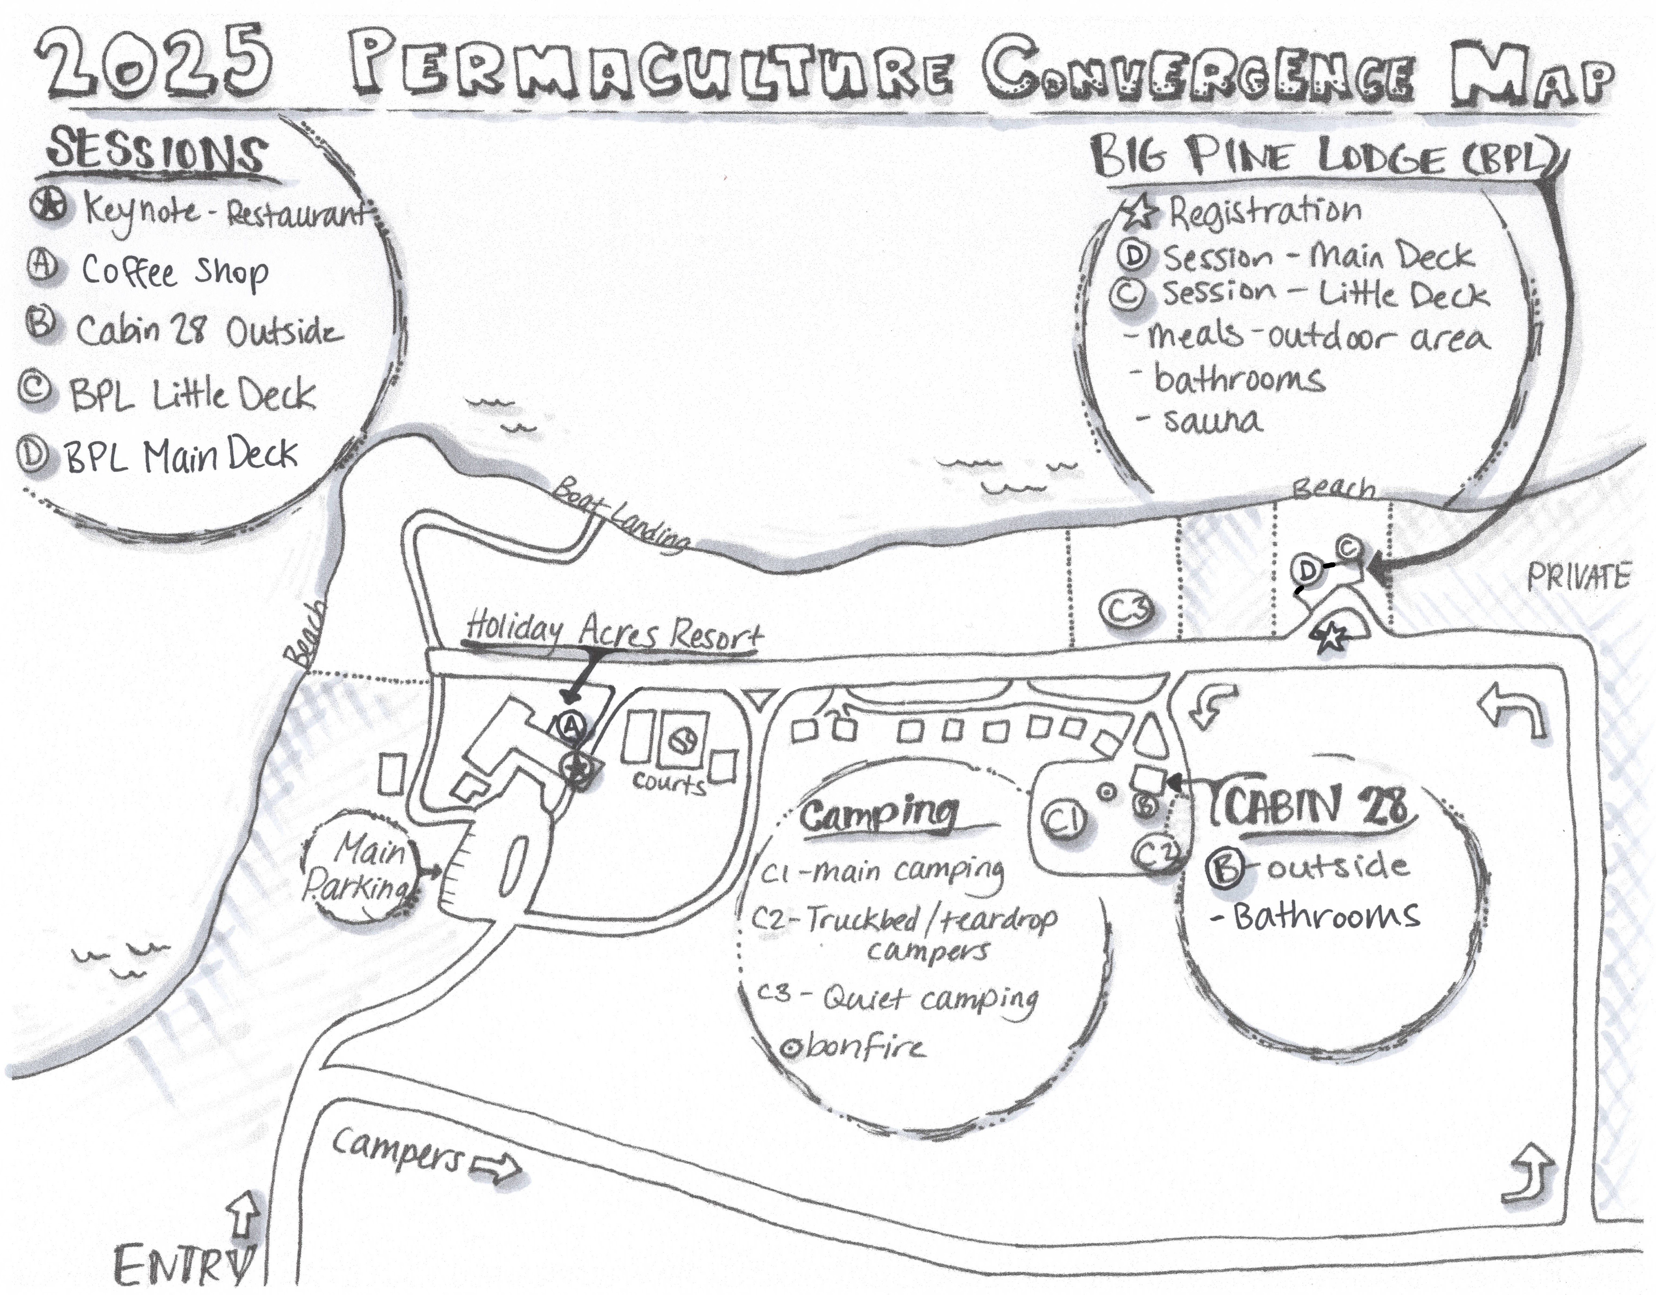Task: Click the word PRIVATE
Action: point(1577,578)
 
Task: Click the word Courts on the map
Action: point(669,783)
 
